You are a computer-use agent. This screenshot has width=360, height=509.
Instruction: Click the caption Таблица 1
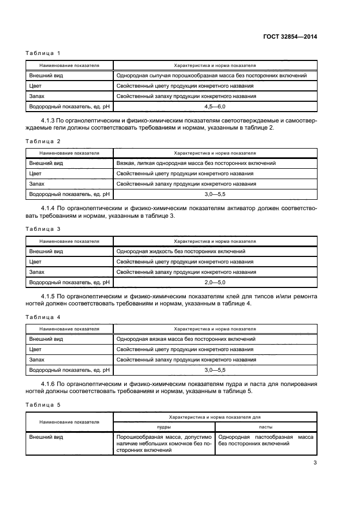tap(43, 53)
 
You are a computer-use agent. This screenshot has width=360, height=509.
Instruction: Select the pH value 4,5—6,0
tap(215, 107)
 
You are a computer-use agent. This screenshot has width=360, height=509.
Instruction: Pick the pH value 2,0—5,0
tap(215, 283)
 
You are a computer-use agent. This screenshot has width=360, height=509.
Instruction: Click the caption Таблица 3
tap(43, 229)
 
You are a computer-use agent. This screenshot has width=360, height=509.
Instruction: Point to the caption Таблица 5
tap(43, 404)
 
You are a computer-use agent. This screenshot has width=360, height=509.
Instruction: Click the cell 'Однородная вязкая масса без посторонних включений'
tap(186, 339)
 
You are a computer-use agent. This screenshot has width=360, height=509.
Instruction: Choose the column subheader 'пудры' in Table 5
tap(164, 427)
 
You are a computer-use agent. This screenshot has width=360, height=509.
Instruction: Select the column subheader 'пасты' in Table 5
tap(266, 427)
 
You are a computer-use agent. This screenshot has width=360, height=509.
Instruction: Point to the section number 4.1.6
tap(51, 384)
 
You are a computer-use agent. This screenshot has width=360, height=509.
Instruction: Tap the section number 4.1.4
tap(51, 208)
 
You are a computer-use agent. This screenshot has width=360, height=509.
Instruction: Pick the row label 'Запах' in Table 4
tap(37, 360)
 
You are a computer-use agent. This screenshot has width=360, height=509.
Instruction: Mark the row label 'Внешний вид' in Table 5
tap(46, 437)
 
